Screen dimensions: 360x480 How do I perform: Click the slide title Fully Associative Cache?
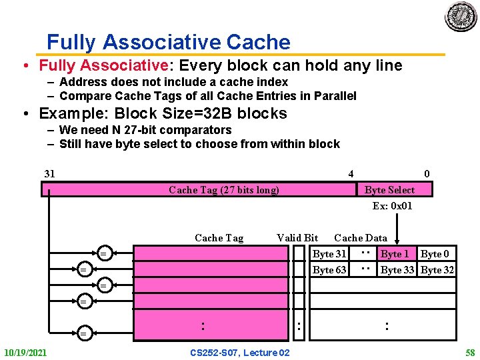point(169,43)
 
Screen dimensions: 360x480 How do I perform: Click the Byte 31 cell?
point(329,254)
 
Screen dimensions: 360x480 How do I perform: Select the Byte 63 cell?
point(329,270)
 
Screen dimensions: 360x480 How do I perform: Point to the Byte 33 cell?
point(398,270)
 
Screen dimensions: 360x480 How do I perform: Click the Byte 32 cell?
point(437,270)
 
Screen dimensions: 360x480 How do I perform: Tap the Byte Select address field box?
point(389,190)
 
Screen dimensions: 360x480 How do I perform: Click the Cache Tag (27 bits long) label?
point(224,190)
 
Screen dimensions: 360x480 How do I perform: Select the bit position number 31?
point(49,174)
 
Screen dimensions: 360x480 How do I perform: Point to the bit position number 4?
point(351,174)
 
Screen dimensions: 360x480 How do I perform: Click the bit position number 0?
point(427,174)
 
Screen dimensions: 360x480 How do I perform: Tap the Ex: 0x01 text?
point(392,206)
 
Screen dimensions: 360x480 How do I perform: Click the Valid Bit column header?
point(297,238)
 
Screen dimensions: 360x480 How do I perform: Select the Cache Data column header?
point(360,238)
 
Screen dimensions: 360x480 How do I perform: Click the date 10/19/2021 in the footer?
point(25,352)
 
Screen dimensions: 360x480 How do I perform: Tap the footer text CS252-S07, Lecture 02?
point(240,352)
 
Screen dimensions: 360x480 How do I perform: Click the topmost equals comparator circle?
point(103,253)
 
